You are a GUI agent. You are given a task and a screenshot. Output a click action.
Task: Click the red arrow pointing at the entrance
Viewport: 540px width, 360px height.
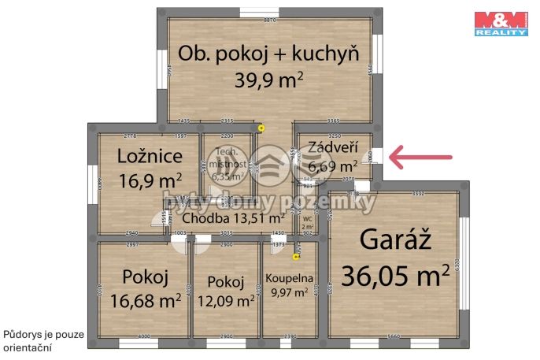click(422, 158)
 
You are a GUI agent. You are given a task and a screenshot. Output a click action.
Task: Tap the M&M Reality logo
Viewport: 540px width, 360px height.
click(501, 23)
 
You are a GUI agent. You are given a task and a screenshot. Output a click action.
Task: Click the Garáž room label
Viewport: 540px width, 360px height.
click(394, 237)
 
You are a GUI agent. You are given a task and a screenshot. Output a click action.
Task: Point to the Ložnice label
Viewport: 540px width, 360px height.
click(150, 155)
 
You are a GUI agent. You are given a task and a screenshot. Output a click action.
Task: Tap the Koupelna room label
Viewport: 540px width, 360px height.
click(290, 278)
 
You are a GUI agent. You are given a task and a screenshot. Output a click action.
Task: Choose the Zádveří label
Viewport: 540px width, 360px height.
click(333, 147)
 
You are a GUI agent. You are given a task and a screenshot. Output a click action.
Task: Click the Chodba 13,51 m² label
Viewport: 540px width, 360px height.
click(234, 217)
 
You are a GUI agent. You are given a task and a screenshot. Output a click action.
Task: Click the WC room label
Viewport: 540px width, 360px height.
click(308, 219)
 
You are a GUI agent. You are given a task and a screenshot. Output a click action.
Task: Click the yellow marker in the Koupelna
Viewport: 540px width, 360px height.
click(296, 256)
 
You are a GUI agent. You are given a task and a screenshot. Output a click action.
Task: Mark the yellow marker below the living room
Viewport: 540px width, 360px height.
click(261, 128)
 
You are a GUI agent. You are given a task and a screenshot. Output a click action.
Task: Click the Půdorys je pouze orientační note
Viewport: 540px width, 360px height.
click(41, 340)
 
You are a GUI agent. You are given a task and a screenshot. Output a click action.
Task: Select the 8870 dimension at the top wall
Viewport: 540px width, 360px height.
click(270, 20)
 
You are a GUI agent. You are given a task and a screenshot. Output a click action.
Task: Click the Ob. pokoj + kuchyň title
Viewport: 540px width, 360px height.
click(269, 54)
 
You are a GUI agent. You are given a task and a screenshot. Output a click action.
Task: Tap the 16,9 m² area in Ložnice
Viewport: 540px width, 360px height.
click(150, 180)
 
